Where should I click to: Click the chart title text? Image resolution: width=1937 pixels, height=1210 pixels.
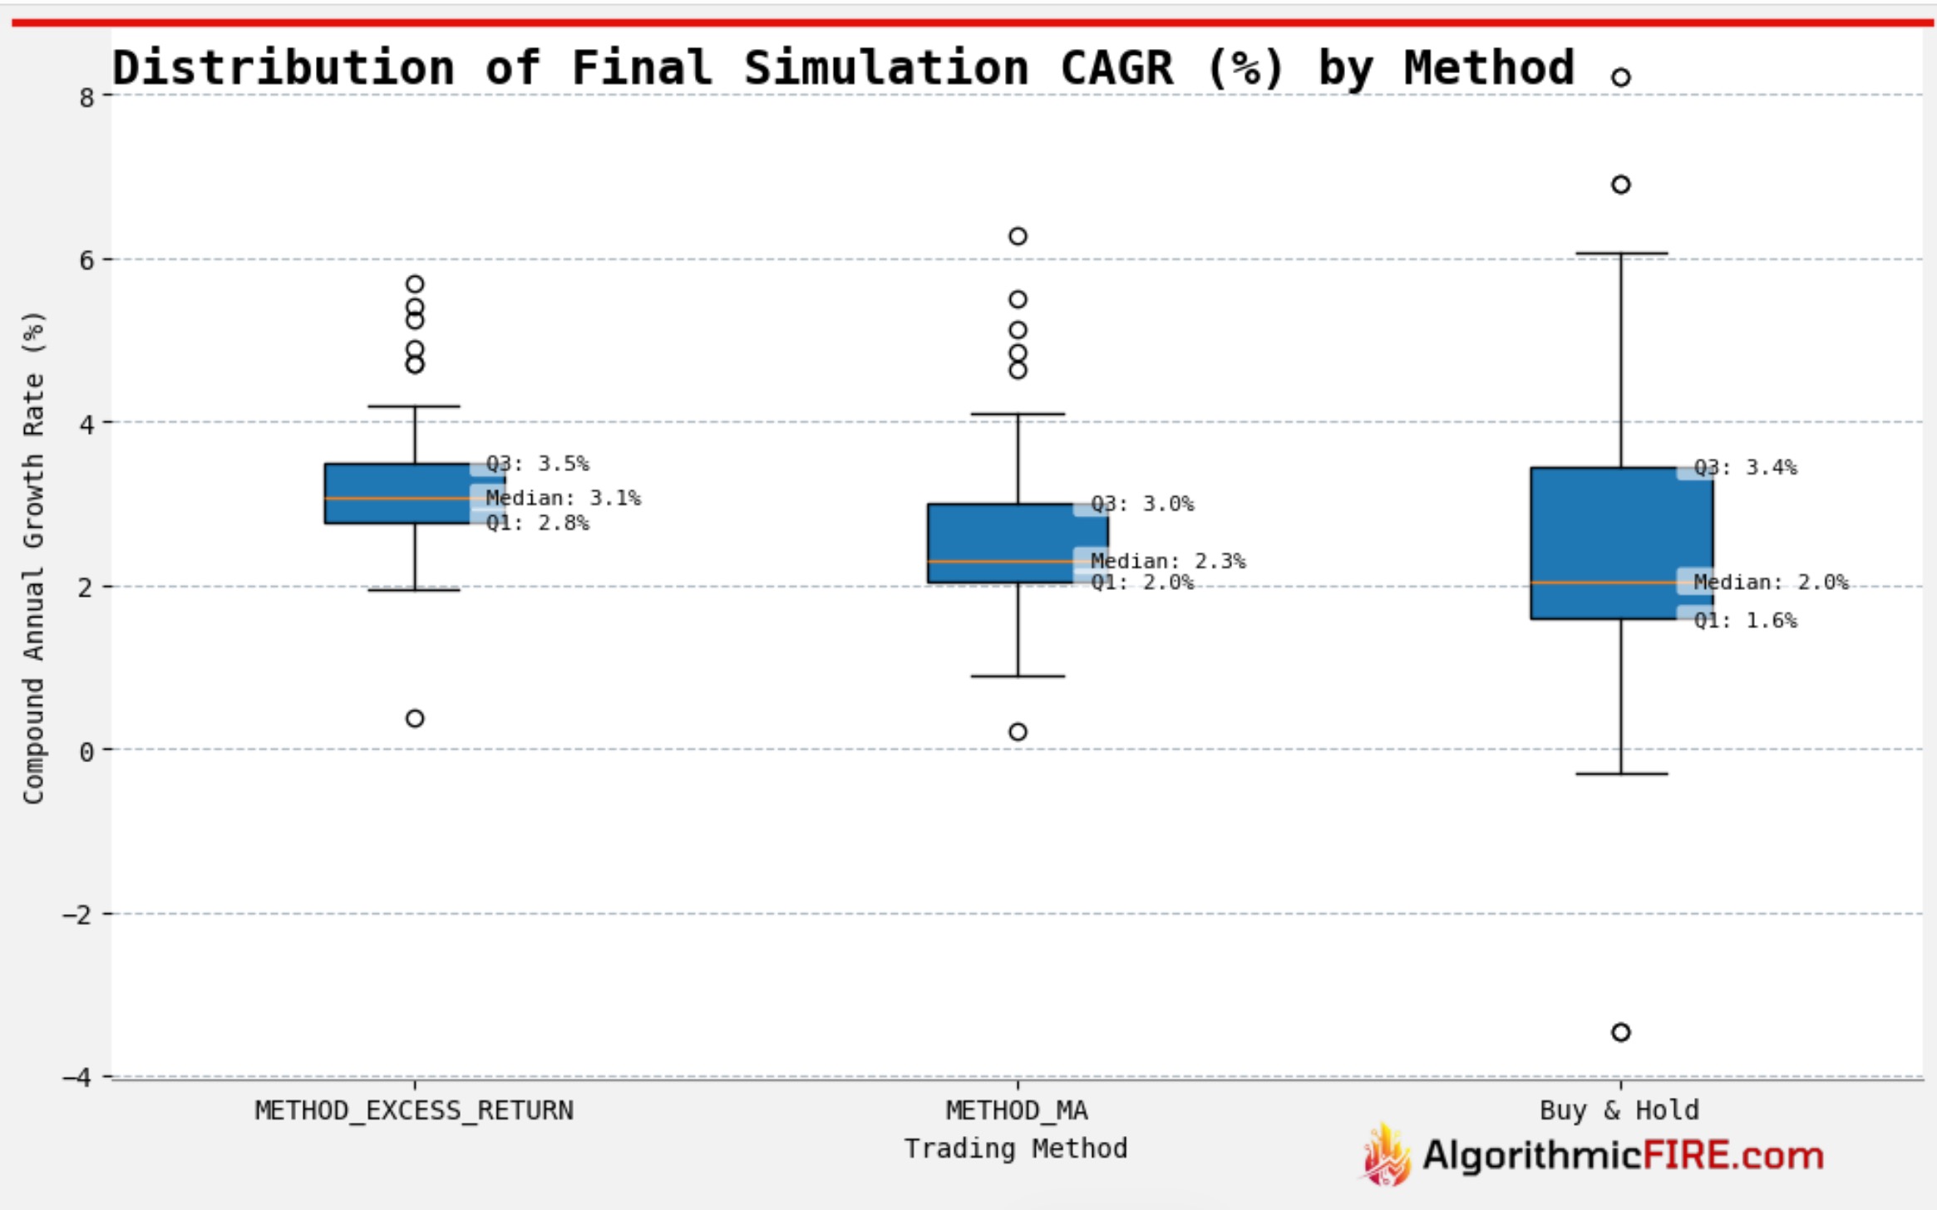point(843,68)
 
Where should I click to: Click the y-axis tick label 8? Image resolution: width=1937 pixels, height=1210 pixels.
point(86,97)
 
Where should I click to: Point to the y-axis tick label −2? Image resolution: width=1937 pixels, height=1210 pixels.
point(79,915)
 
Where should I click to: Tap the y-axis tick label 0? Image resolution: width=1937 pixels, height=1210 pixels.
point(86,751)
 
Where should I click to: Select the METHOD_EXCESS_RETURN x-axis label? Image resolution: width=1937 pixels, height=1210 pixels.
point(414,1110)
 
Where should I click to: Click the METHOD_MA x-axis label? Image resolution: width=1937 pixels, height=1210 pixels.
point(1017,1110)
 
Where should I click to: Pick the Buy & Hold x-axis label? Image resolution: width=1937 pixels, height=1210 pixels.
point(1619,1110)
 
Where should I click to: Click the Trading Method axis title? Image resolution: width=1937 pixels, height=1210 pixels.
point(1015,1149)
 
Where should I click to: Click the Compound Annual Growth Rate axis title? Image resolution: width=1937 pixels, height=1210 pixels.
point(33,557)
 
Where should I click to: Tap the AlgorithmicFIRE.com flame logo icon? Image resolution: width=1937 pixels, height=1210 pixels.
point(1385,1156)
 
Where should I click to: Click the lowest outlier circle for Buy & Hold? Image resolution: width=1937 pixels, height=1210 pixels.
point(1620,1032)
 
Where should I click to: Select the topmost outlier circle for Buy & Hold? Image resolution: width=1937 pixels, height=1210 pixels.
point(1620,77)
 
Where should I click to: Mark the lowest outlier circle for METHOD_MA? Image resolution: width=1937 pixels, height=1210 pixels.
point(1018,731)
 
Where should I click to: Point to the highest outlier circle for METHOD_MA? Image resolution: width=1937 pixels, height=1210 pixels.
point(1018,236)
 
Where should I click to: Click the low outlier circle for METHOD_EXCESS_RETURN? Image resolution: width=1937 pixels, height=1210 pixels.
point(415,718)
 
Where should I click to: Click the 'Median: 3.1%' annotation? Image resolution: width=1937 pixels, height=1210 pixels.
point(563,498)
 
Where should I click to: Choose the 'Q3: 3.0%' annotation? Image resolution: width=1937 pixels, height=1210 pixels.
point(1141,504)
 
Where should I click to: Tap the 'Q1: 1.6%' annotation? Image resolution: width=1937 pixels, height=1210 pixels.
point(1745,620)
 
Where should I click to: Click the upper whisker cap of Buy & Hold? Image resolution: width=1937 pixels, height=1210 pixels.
point(1620,253)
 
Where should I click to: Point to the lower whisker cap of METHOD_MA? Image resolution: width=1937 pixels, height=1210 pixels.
point(1018,676)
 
